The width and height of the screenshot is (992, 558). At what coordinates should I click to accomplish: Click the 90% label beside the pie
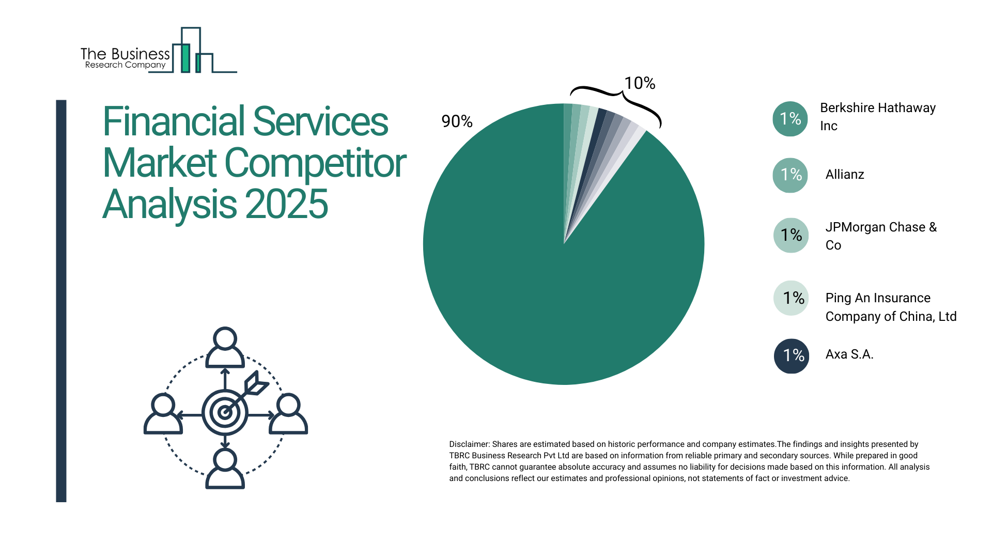pos(457,121)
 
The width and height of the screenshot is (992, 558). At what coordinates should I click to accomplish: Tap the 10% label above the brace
pos(640,83)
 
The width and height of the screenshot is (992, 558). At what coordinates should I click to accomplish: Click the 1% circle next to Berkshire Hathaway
pos(790,119)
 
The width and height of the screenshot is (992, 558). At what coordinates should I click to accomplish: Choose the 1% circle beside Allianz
pos(790,175)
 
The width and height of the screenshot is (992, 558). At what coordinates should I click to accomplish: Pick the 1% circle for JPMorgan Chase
pos(791,236)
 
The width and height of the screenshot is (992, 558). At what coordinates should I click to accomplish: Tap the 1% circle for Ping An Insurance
pos(791,298)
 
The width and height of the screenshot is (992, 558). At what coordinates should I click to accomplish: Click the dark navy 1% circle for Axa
pos(791,356)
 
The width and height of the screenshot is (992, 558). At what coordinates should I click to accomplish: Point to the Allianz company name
pos(844,175)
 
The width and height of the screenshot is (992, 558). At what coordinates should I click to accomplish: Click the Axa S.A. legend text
pos(849,354)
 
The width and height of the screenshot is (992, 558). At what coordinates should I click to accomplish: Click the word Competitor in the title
pos(315,163)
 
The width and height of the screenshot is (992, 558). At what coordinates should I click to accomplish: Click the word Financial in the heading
pos(173,122)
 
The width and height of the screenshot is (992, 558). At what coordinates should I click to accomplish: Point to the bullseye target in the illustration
pos(225,412)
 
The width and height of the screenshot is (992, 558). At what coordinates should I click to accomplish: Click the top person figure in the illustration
pos(225,347)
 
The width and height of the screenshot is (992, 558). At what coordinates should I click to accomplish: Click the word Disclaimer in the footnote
pos(469,444)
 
